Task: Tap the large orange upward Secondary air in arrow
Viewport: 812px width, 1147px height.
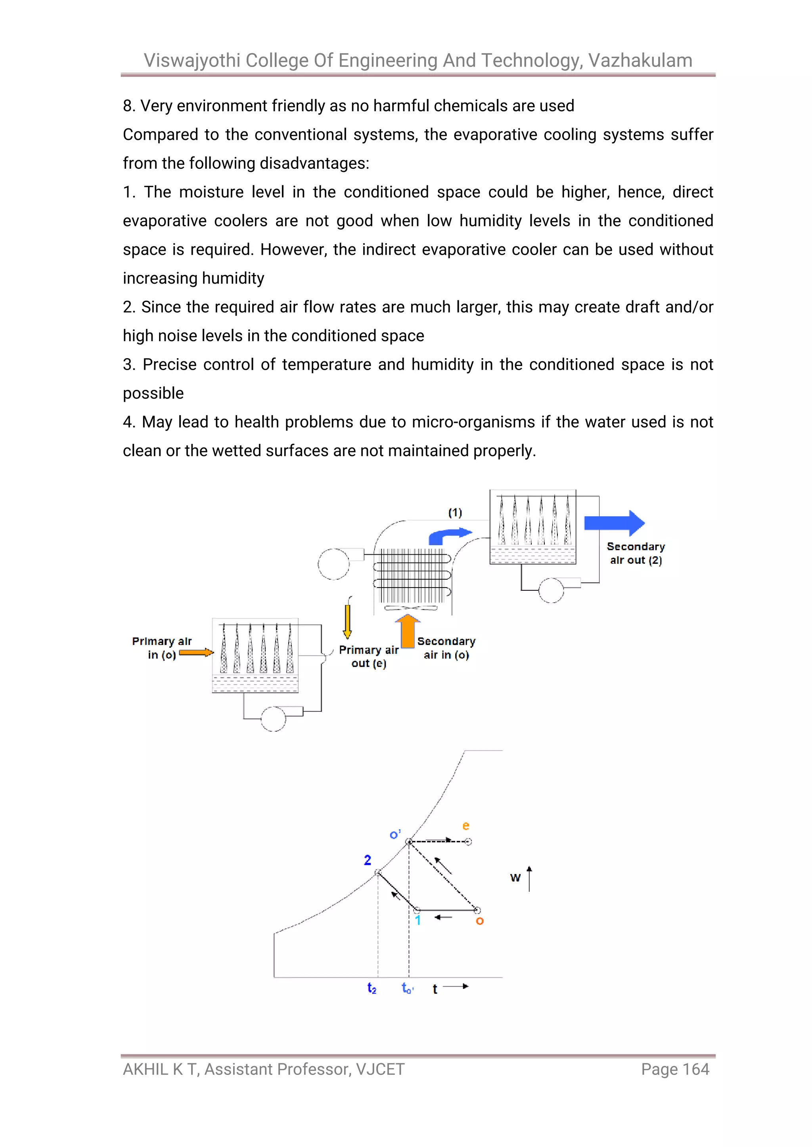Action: (408, 632)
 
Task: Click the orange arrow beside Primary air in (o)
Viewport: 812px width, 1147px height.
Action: (196, 653)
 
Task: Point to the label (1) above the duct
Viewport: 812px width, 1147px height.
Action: (455, 513)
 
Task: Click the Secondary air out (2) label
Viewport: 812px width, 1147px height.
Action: (636, 553)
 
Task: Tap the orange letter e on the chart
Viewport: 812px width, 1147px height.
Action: (465, 826)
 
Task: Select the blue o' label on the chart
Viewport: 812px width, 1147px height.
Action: (395, 834)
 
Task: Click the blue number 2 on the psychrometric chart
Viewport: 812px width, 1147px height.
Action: (368, 860)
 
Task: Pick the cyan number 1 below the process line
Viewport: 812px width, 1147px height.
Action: (418, 920)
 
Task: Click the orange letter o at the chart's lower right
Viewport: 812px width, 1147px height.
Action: (479, 921)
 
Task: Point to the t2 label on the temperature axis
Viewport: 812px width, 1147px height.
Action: (372, 988)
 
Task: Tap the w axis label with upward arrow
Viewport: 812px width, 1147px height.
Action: (520, 878)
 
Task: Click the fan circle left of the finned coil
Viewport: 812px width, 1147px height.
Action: (333, 564)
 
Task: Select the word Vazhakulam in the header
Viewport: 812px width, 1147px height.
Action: (640, 61)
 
